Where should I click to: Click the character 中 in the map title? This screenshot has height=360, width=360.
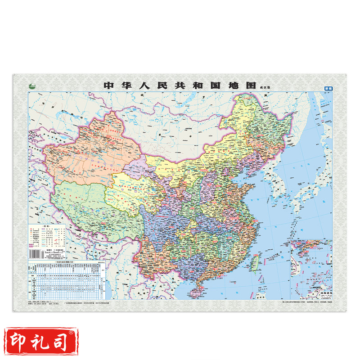(x=108, y=85)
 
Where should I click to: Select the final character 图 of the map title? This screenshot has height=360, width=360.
(x=251, y=85)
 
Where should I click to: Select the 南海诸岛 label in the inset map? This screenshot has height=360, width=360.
(x=325, y=293)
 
